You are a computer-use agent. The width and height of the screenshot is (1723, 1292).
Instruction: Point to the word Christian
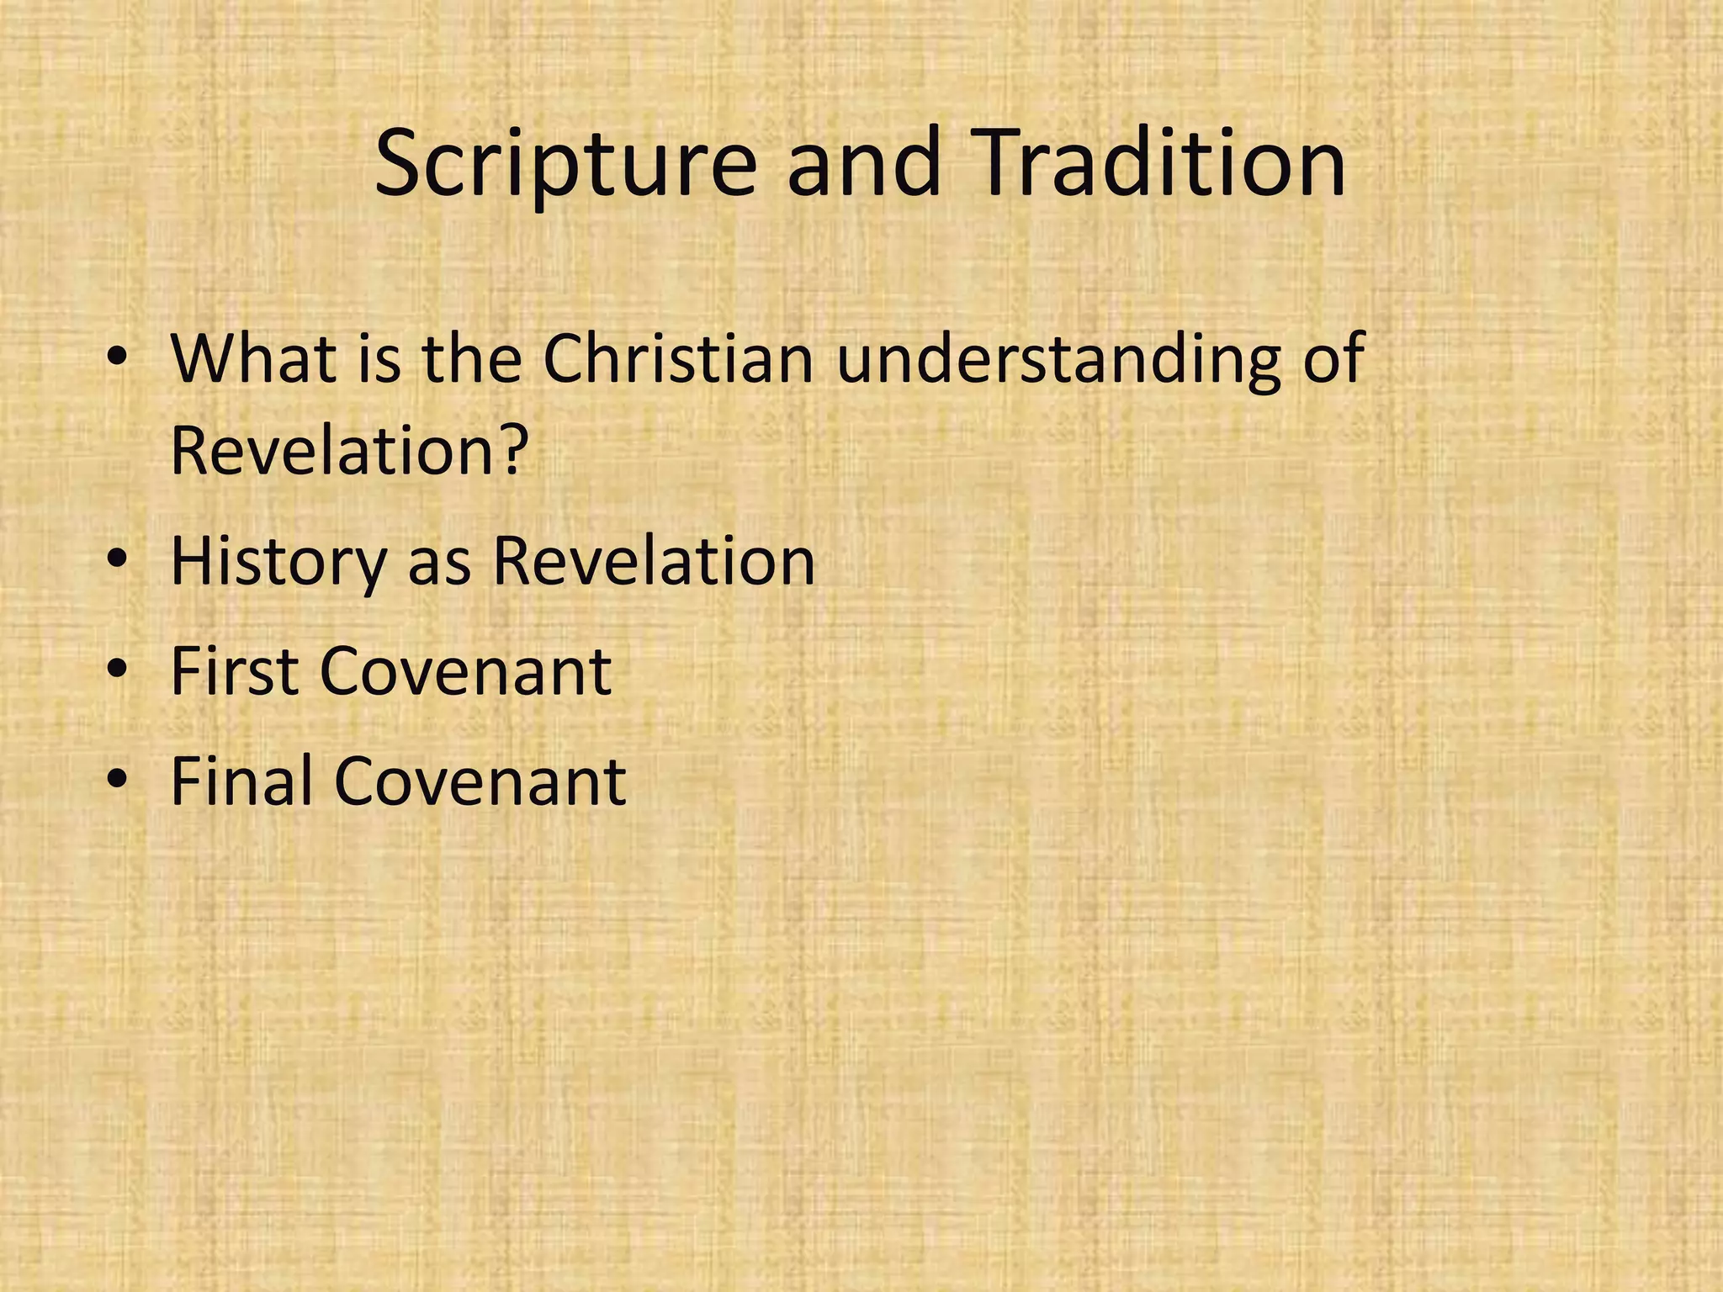click(x=678, y=358)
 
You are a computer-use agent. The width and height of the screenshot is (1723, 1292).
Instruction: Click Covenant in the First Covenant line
click(x=465, y=673)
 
